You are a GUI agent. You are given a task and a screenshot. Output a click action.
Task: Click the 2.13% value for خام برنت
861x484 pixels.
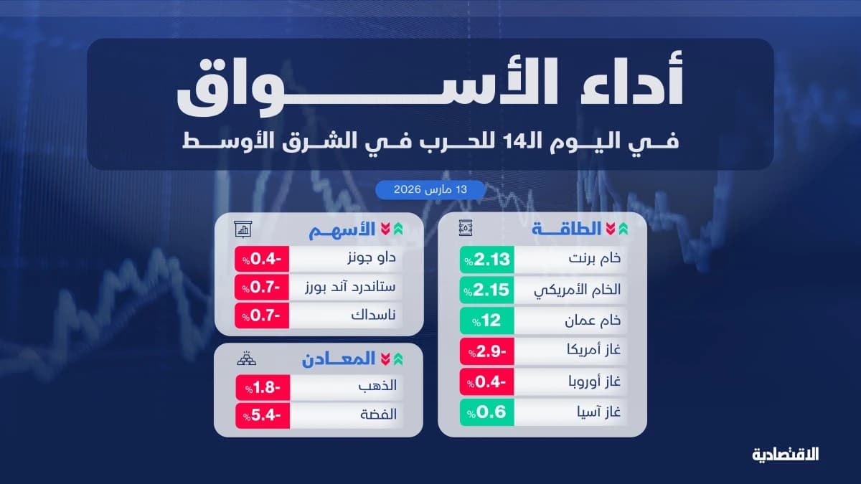(487, 260)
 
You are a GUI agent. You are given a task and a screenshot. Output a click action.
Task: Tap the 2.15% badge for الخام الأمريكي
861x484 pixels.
(487, 291)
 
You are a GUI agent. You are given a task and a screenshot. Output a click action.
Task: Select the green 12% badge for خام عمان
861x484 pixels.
(487, 321)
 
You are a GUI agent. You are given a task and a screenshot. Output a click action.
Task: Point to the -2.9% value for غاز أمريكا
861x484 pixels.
(487, 351)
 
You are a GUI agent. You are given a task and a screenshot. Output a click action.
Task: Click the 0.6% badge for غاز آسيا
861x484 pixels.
(487, 412)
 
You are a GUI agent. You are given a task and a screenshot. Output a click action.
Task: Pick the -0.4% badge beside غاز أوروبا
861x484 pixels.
(487, 382)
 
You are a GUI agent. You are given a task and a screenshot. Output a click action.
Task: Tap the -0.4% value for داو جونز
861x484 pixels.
(263, 260)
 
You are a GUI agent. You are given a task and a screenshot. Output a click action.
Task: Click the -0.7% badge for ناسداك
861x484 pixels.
(263, 315)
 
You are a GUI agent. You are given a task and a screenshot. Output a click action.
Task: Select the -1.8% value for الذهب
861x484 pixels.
(263, 387)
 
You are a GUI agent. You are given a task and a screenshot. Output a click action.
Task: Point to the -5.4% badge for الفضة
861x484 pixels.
(263, 414)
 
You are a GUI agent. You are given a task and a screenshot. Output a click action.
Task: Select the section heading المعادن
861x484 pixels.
(338, 360)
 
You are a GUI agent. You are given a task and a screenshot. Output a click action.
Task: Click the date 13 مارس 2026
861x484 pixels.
(430, 190)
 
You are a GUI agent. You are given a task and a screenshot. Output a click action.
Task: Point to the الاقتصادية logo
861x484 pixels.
(785, 454)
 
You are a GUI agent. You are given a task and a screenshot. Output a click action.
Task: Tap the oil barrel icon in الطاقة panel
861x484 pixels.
(466, 229)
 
